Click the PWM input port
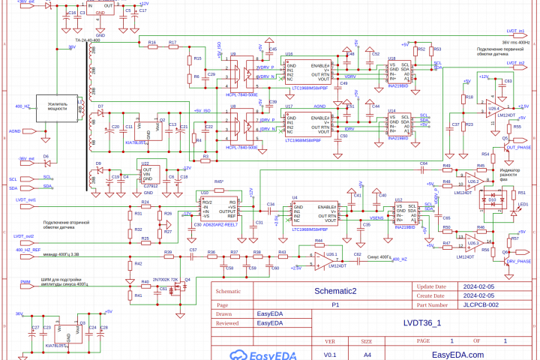point(26,282)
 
